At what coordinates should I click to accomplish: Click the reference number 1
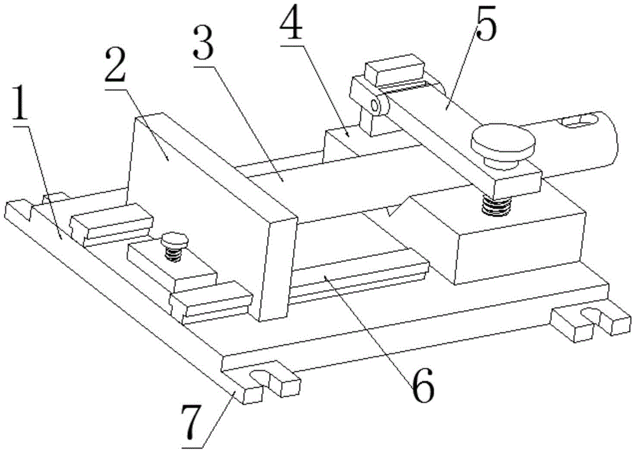click(23, 111)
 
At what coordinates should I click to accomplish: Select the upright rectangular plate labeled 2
click(210, 210)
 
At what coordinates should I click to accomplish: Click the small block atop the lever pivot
click(394, 69)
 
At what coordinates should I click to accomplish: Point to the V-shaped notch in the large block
click(397, 208)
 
